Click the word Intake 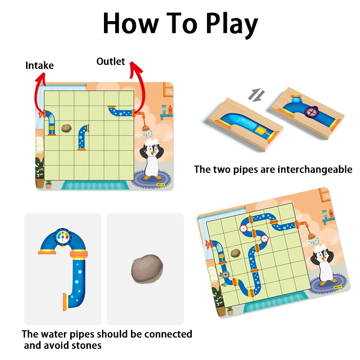coord(40,66)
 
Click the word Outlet coord(110,61)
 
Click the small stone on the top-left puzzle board coord(66,128)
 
